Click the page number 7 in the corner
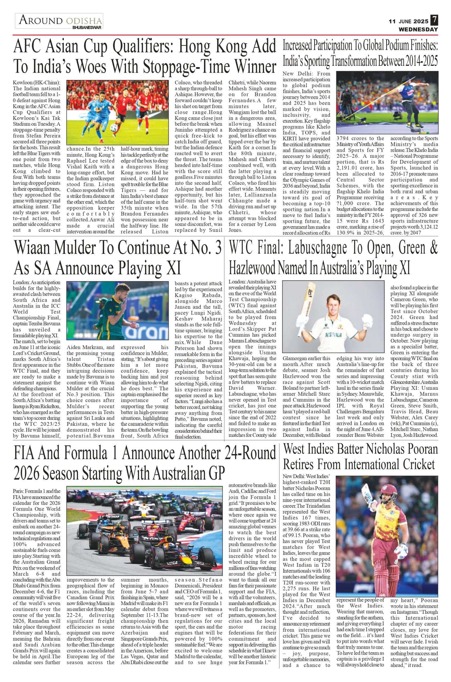coord(434,21)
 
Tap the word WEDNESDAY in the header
coord(418,29)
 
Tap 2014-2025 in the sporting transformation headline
coord(421,61)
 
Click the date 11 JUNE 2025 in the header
coord(408,22)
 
